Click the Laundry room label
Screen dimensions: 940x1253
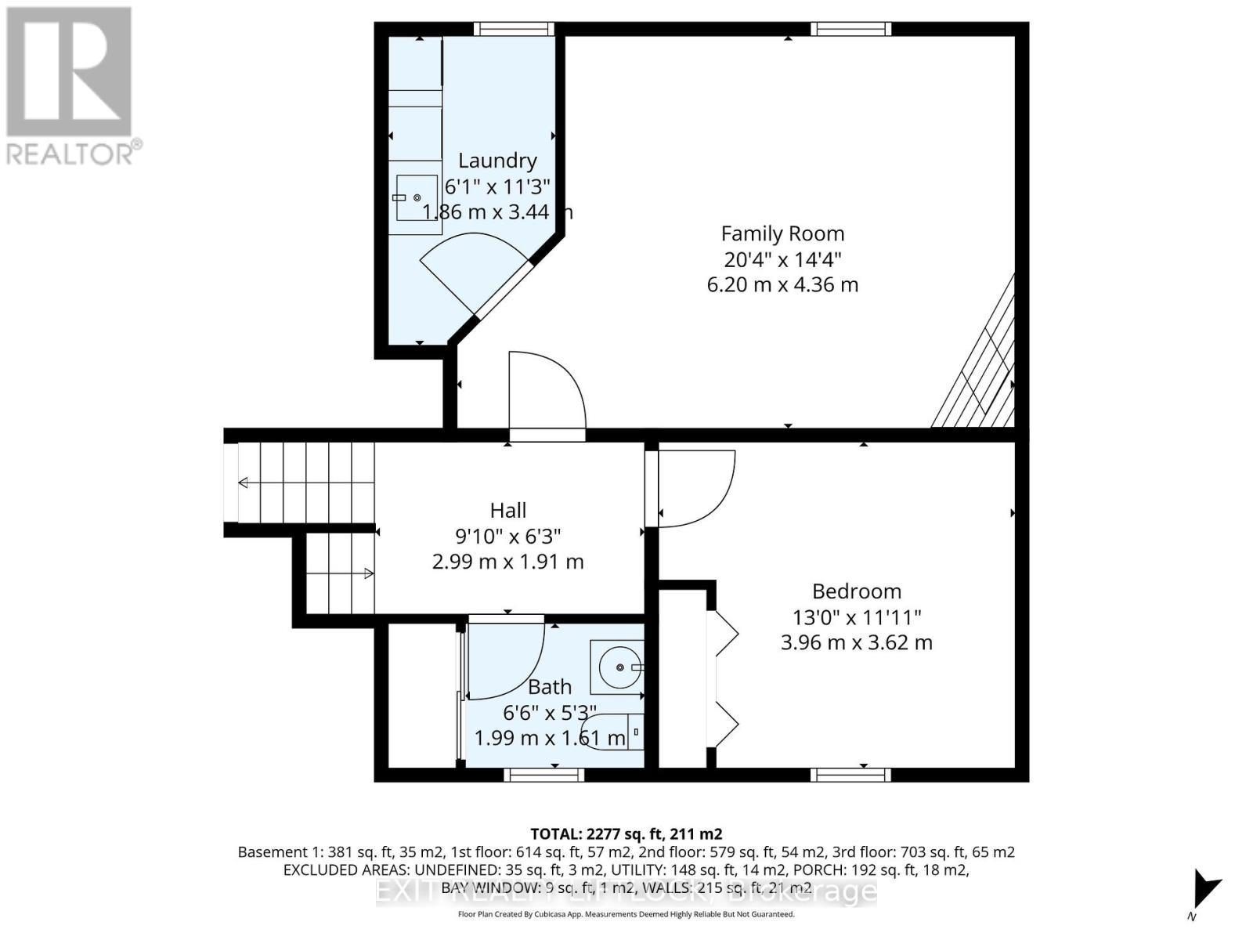pyautogui.click(x=497, y=161)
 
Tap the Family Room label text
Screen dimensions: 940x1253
pyautogui.click(x=782, y=233)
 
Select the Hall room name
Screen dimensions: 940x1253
pyautogui.click(x=507, y=511)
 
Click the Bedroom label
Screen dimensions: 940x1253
pyautogui.click(x=856, y=591)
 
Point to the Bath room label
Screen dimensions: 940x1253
pyautogui.click(x=549, y=688)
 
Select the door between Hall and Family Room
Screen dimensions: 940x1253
pyautogui.click(x=546, y=396)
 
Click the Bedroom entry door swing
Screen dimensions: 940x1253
pyautogui.click(x=693, y=486)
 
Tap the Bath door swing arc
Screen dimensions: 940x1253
pyautogui.click(x=505, y=658)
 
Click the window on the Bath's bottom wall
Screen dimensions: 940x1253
pyautogui.click(x=543, y=775)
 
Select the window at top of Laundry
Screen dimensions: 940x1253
pyautogui.click(x=514, y=29)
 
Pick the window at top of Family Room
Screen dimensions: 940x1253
pyautogui.click(x=850, y=29)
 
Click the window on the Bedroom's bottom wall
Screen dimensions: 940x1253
pyautogui.click(x=850, y=775)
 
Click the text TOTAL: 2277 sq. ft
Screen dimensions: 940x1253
pyautogui.click(x=626, y=833)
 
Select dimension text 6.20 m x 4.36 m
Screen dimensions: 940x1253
pyautogui.click(x=782, y=284)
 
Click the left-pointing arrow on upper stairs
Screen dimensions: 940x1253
pyautogui.click(x=244, y=483)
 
